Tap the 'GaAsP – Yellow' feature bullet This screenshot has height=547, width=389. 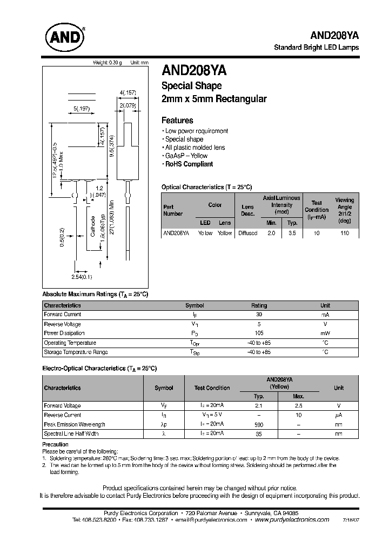point(186,156)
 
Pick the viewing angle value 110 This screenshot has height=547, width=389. point(344,233)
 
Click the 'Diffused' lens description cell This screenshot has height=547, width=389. point(247,233)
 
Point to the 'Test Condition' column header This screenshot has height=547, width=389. point(316,210)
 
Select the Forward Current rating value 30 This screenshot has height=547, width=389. point(259,315)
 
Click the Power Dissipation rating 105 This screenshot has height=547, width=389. point(259,333)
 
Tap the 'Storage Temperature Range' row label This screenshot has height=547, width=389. point(76,352)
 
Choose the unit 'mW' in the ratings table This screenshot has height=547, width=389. point(325,333)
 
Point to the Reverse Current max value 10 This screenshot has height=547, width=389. point(298,415)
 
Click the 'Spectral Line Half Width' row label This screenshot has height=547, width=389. point(71,433)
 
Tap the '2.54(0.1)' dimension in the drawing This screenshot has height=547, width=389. point(82,277)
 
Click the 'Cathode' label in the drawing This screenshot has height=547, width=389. point(92,227)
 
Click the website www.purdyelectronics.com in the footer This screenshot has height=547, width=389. point(291,519)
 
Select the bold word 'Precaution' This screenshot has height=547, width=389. point(55,444)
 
